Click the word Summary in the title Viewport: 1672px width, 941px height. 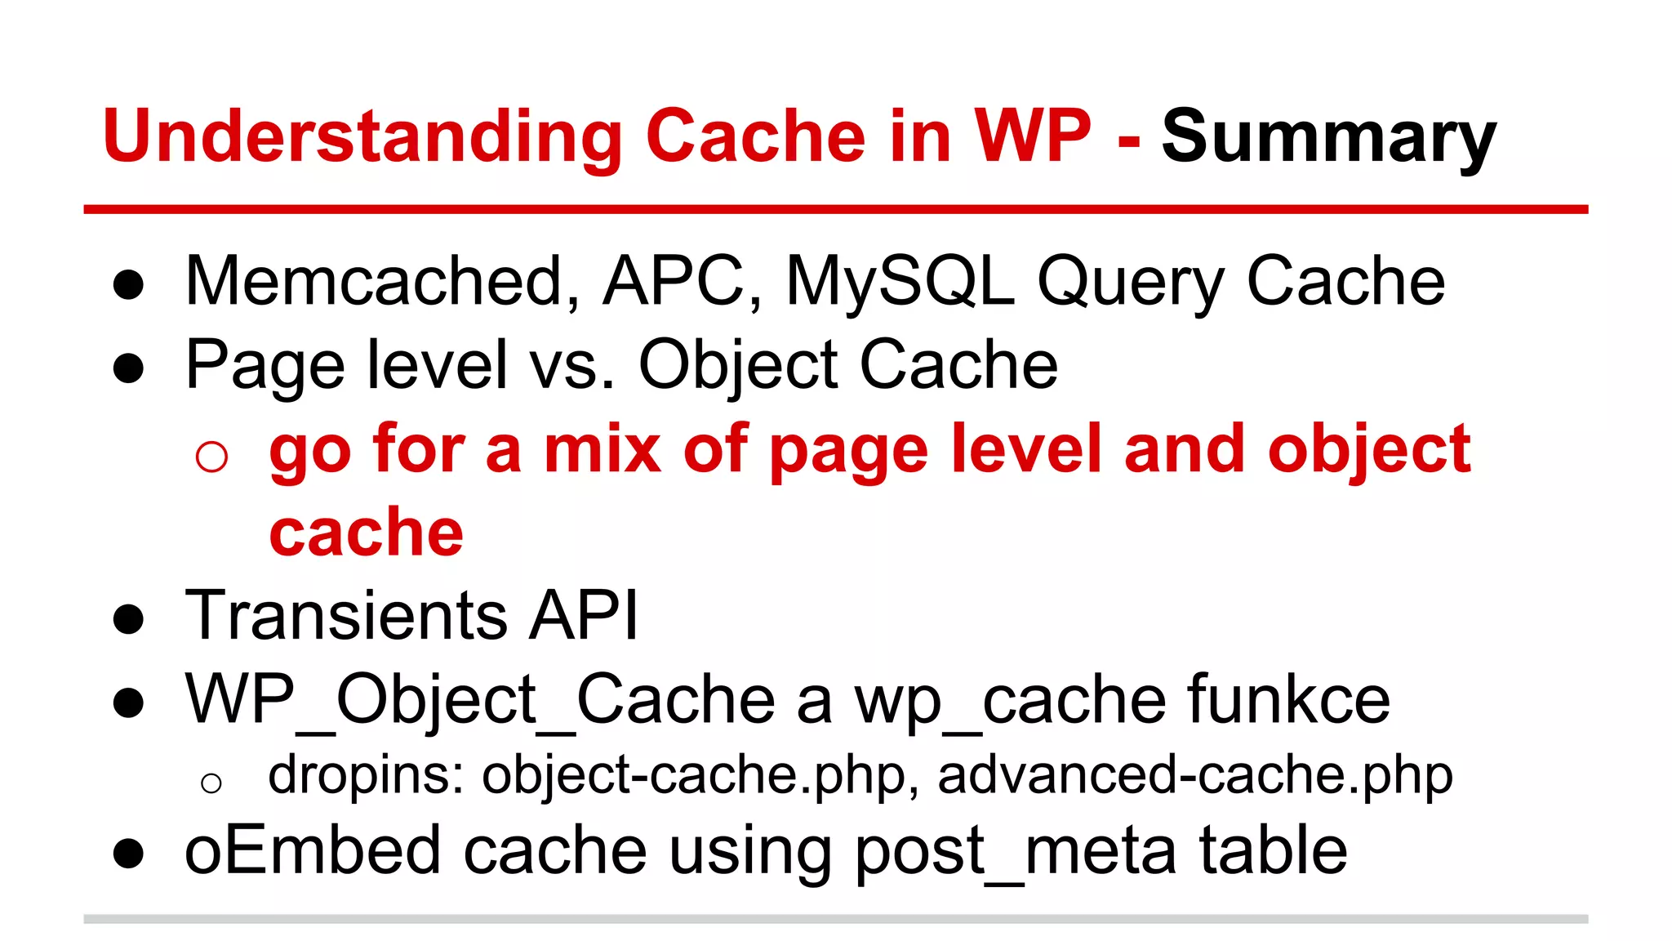click(x=1328, y=137)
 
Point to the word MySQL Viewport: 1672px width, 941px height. click(x=900, y=281)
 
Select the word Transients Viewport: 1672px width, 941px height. click(x=346, y=614)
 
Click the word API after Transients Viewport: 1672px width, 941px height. click(x=583, y=614)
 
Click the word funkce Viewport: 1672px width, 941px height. click(x=1288, y=699)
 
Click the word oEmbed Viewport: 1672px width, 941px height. click(x=313, y=850)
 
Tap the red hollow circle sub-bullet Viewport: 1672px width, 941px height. click(x=211, y=456)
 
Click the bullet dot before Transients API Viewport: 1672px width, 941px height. click(x=129, y=619)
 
